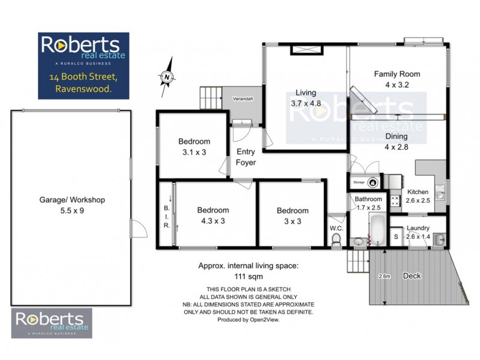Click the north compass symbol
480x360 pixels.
167,77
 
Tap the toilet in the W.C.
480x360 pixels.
337,240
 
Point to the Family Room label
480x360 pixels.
397,74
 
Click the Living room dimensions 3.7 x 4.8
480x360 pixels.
306,103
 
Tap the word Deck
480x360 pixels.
412,276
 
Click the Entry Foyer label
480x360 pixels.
246,157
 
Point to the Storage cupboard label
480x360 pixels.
359,181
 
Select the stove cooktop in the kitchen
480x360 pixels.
396,201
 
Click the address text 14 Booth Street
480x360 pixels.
84,77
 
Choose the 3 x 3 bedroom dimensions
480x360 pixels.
292,220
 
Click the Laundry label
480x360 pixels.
418,228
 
